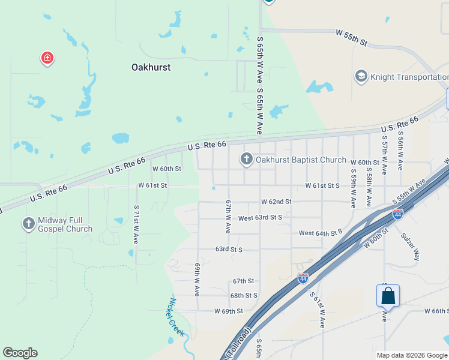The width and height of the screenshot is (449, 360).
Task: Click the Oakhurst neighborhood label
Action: [x=151, y=67]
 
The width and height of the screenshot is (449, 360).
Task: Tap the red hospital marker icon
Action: [x=47, y=58]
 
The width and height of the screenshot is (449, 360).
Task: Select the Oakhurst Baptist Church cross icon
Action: [x=246, y=159]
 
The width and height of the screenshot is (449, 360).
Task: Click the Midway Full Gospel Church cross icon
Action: [x=28, y=224]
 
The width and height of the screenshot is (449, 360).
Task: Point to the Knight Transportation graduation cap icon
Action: [x=361, y=76]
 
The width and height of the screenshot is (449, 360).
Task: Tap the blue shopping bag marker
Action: [x=388, y=296]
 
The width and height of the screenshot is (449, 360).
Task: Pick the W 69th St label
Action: [x=228, y=311]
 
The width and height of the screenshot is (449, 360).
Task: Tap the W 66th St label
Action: [x=436, y=311]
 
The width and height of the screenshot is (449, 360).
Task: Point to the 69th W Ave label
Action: [x=197, y=279]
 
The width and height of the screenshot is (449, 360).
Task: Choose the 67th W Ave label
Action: [x=228, y=217]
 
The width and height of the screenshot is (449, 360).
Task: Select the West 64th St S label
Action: [x=320, y=232]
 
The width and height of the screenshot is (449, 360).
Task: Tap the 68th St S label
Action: [x=244, y=295]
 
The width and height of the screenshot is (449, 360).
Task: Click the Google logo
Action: [x=20, y=353]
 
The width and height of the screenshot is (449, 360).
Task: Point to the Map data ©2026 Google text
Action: [x=412, y=355]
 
